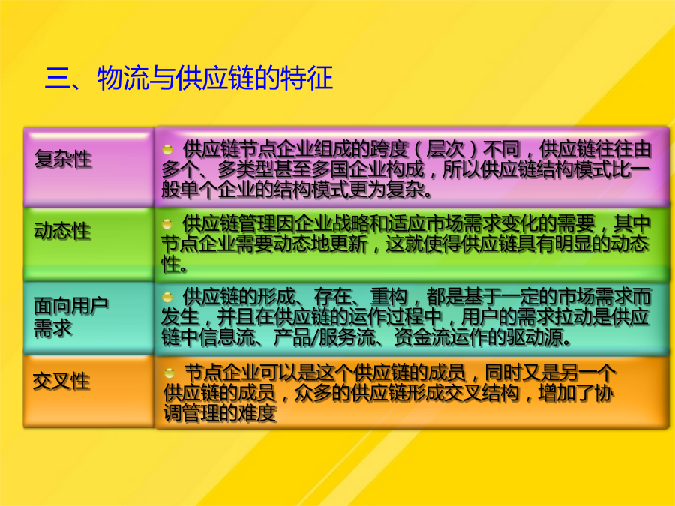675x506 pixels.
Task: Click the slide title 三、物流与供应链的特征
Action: coord(189,78)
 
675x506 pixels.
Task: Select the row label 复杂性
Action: coord(63,159)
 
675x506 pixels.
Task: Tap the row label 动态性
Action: coord(62,231)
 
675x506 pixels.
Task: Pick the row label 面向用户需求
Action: coord(70,317)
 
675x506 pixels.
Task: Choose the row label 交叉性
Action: coord(61,382)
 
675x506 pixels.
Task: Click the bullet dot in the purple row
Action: coord(167,150)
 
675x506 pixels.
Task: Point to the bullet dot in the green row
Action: coord(167,223)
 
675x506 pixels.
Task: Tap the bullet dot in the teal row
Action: coord(167,297)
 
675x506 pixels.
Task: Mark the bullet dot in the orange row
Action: coord(169,373)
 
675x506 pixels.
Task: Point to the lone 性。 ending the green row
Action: coord(174,264)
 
